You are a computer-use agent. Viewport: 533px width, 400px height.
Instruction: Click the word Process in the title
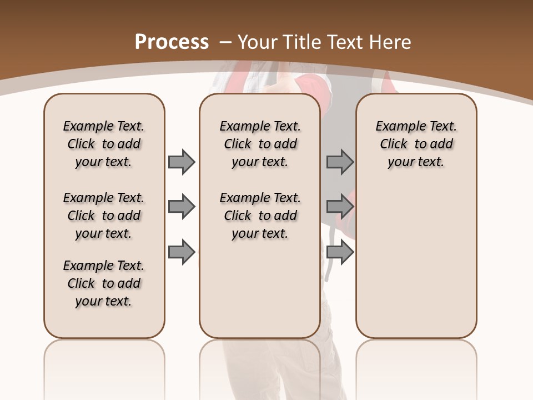pyautogui.click(x=172, y=42)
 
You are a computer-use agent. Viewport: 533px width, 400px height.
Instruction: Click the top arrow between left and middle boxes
pyautogui.click(x=182, y=162)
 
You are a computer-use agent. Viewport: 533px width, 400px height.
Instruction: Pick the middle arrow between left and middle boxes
pyautogui.click(x=182, y=207)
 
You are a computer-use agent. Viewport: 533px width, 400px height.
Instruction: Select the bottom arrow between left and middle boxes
pyautogui.click(x=182, y=252)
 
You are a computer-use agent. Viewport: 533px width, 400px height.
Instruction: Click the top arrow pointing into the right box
pyautogui.click(x=340, y=162)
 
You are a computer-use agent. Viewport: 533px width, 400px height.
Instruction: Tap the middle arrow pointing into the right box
pyautogui.click(x=340, y=207)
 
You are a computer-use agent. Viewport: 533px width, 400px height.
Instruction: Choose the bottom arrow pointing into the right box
pyautogui.click(x=340, y=252)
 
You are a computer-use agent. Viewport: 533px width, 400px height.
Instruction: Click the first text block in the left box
pyautogui.click(x=104, y=144)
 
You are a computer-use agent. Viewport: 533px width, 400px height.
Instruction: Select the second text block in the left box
pyautogui.click(x=104, y=216)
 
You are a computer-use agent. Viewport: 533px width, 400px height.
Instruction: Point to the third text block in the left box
pyautogui.click(x=104, y=283)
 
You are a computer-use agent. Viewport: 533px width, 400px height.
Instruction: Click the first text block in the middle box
pyautogui.click(x=260, y=144)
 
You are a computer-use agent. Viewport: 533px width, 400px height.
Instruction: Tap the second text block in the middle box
pyautogui.click(x=260, y=216)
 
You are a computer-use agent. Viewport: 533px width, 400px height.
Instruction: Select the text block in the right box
pyautogui.click(x=416, y=144)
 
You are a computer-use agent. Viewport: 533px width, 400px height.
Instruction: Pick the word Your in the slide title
pyautogui.click(x=258, y=42)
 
